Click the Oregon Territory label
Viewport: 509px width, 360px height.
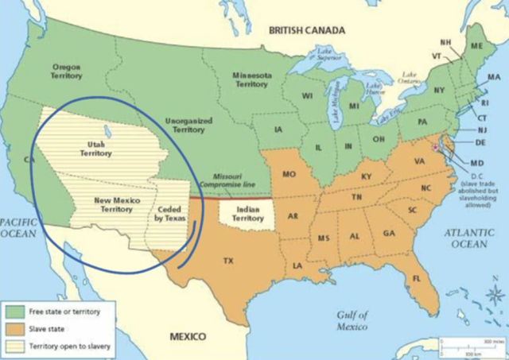pyautogui.click(x=66, y=72)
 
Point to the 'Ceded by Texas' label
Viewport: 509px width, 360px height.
pyautogui.click(x=168, y=213)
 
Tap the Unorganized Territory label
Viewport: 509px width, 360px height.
pyautogui.click(x=188, y=125)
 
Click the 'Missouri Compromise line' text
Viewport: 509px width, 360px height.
pyautogui.click(x=233, y=180)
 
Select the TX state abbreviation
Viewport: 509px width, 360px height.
pyautogui.click(x=228, y=261)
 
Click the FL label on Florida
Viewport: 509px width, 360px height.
pyautogui.click(x=416, y=278)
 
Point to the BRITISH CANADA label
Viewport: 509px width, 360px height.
pyautogui.click(x=306, y=30)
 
